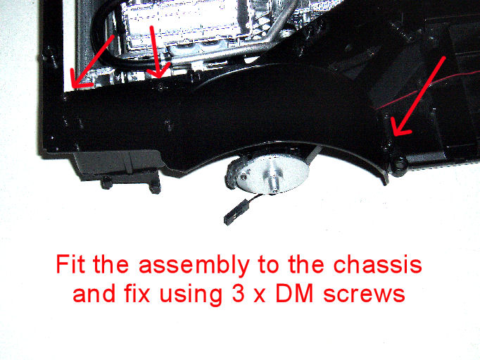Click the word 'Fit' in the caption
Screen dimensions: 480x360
pos(70,264)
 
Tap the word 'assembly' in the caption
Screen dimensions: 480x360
pos(194,266)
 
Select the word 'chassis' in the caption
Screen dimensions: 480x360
pos(377,264)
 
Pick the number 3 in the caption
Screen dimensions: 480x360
pos(238,293)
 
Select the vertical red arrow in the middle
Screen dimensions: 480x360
pos(157,51)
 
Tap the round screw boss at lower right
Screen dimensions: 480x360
pos(399,166)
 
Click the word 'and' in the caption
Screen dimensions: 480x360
pos(94,293)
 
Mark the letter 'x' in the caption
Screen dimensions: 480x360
pos(260,296)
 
